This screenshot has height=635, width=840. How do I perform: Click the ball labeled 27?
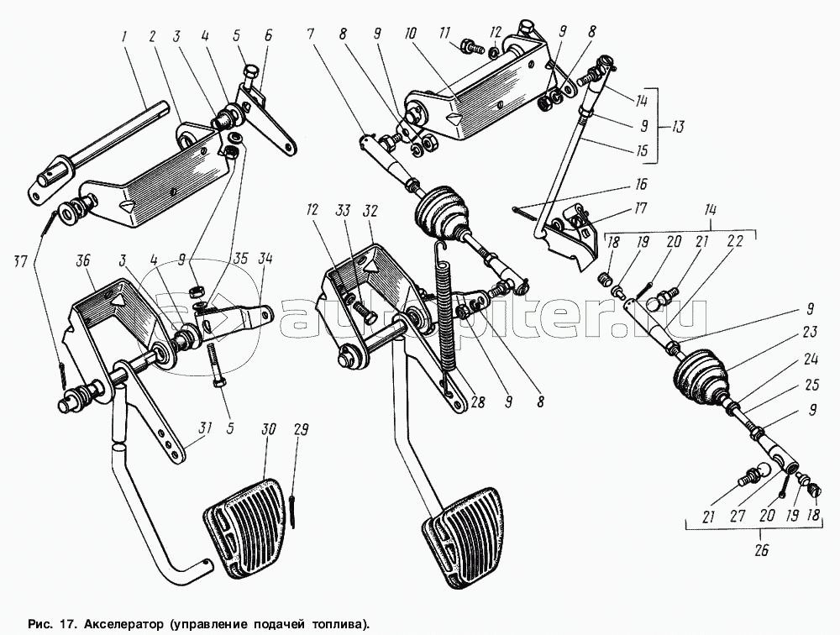pyautogui.click(x=764, y=473)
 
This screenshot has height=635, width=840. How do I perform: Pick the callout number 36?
pyautogui.click(x=84, y=261)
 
